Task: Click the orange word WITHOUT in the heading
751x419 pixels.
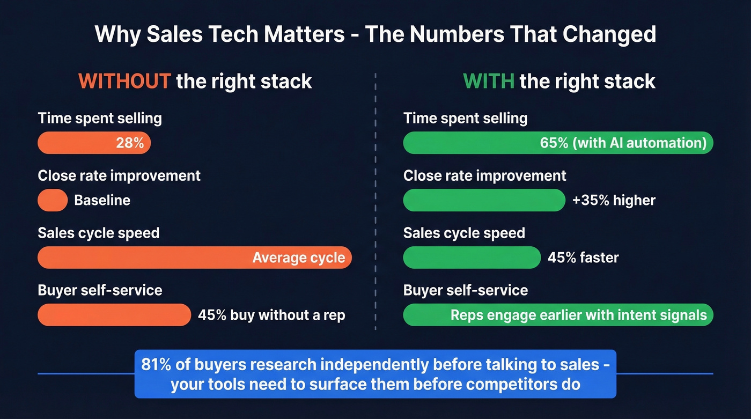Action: point(124,82)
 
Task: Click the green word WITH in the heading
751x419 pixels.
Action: point(488,82)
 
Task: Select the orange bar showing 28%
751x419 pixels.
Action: point(94,143)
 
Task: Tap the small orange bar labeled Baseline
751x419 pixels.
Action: point(53,200)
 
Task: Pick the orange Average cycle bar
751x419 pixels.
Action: point(194,258)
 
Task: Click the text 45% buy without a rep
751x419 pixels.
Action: point(271,315)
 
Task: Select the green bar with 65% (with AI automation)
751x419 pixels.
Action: point(558,143)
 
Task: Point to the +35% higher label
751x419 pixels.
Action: point(614,200)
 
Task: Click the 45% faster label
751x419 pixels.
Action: point(583,258)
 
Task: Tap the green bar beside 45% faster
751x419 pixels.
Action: point(472,258)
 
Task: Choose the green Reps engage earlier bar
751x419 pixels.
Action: point(558,315)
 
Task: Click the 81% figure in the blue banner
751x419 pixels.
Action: point(156,364)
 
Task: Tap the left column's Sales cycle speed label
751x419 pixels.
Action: point(99,233)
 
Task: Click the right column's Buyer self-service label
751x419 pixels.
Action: point(465,290)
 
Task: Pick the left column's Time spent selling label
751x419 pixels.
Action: point(100,119)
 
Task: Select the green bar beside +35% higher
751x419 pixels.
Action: point(484,200)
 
